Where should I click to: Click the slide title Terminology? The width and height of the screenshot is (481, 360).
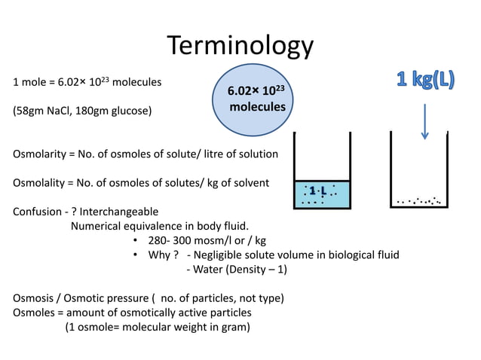pos(240,47)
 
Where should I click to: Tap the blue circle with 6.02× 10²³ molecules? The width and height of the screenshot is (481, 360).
pos(256,99)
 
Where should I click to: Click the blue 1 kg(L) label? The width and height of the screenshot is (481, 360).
pos(425,80)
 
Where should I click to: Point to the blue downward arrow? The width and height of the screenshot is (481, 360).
pos(425,121)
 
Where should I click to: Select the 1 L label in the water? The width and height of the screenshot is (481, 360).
pos(317,191)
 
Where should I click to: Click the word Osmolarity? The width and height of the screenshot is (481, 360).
pos(38,154)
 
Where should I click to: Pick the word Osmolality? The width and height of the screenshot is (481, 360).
pos(38,183)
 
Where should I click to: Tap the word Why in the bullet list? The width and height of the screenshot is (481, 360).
pos(161,255)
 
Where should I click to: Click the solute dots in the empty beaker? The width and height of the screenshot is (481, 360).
pos(419,201)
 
